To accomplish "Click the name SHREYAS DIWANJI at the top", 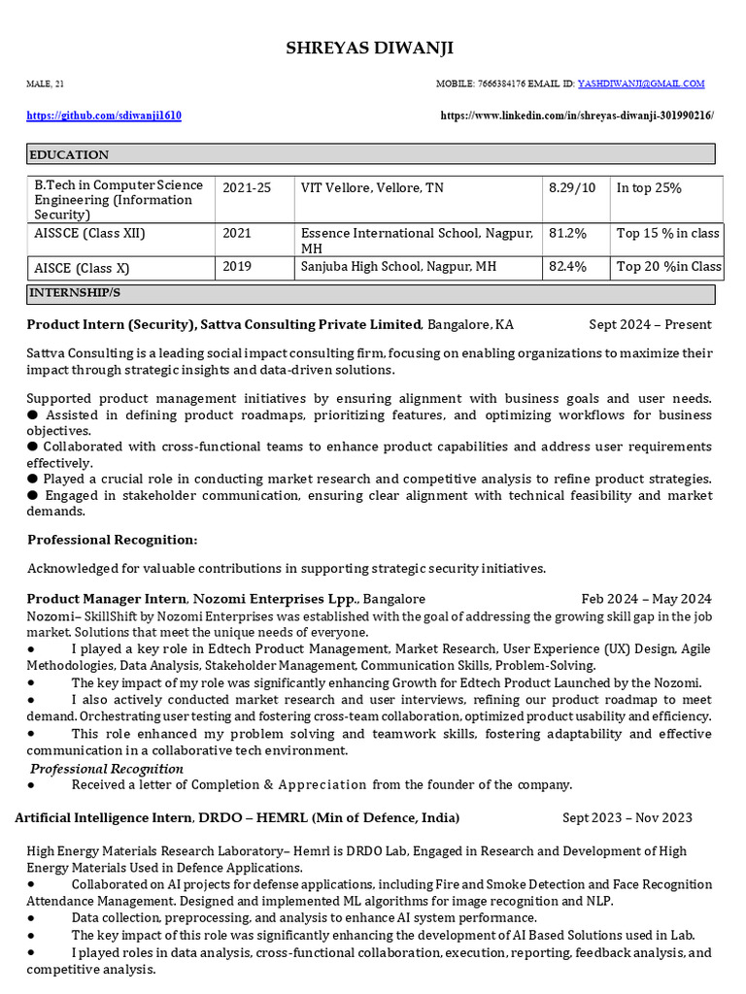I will [x=369, y=49].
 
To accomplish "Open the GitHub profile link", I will [x=104, y=116].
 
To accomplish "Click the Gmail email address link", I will [x=641, y=84].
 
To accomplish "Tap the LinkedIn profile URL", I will [x=577, y=116].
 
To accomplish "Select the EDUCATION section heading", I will [x=69, y=154].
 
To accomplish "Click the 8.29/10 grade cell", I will [x=572, y=187].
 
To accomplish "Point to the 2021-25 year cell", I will [x=247, y=187].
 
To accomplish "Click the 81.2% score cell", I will [x=567, y=234].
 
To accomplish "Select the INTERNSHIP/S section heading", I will [x=75, y=292].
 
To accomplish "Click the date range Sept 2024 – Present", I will [x=650, y=324].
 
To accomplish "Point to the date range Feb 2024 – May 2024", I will [x=646, y=599].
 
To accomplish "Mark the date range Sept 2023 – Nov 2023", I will [x=627, y=817].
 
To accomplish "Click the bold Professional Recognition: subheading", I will [x=113, y=540].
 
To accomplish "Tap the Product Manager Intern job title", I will [x=107, y=599].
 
